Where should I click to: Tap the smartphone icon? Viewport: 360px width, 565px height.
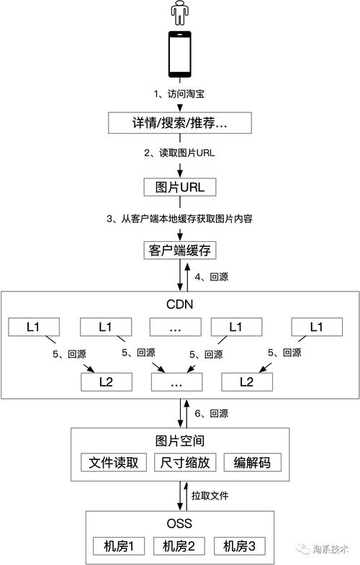coord(179,54)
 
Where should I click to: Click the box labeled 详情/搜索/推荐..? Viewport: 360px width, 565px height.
coord(180,122)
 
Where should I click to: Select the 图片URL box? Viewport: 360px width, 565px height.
coord(180,187)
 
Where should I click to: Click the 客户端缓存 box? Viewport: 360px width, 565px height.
coord(180,250)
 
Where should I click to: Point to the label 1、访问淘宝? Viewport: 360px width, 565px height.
coord(180,94)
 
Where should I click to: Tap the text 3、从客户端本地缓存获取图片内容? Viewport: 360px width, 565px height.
coord(180,219)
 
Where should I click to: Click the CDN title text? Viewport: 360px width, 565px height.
coord(180,304)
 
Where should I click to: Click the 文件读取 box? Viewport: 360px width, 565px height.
coord(113,462)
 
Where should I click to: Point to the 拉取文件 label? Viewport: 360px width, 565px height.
coord(210,496)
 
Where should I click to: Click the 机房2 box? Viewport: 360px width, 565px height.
coord(181,546)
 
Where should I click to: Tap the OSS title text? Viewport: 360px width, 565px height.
coord(180,523)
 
